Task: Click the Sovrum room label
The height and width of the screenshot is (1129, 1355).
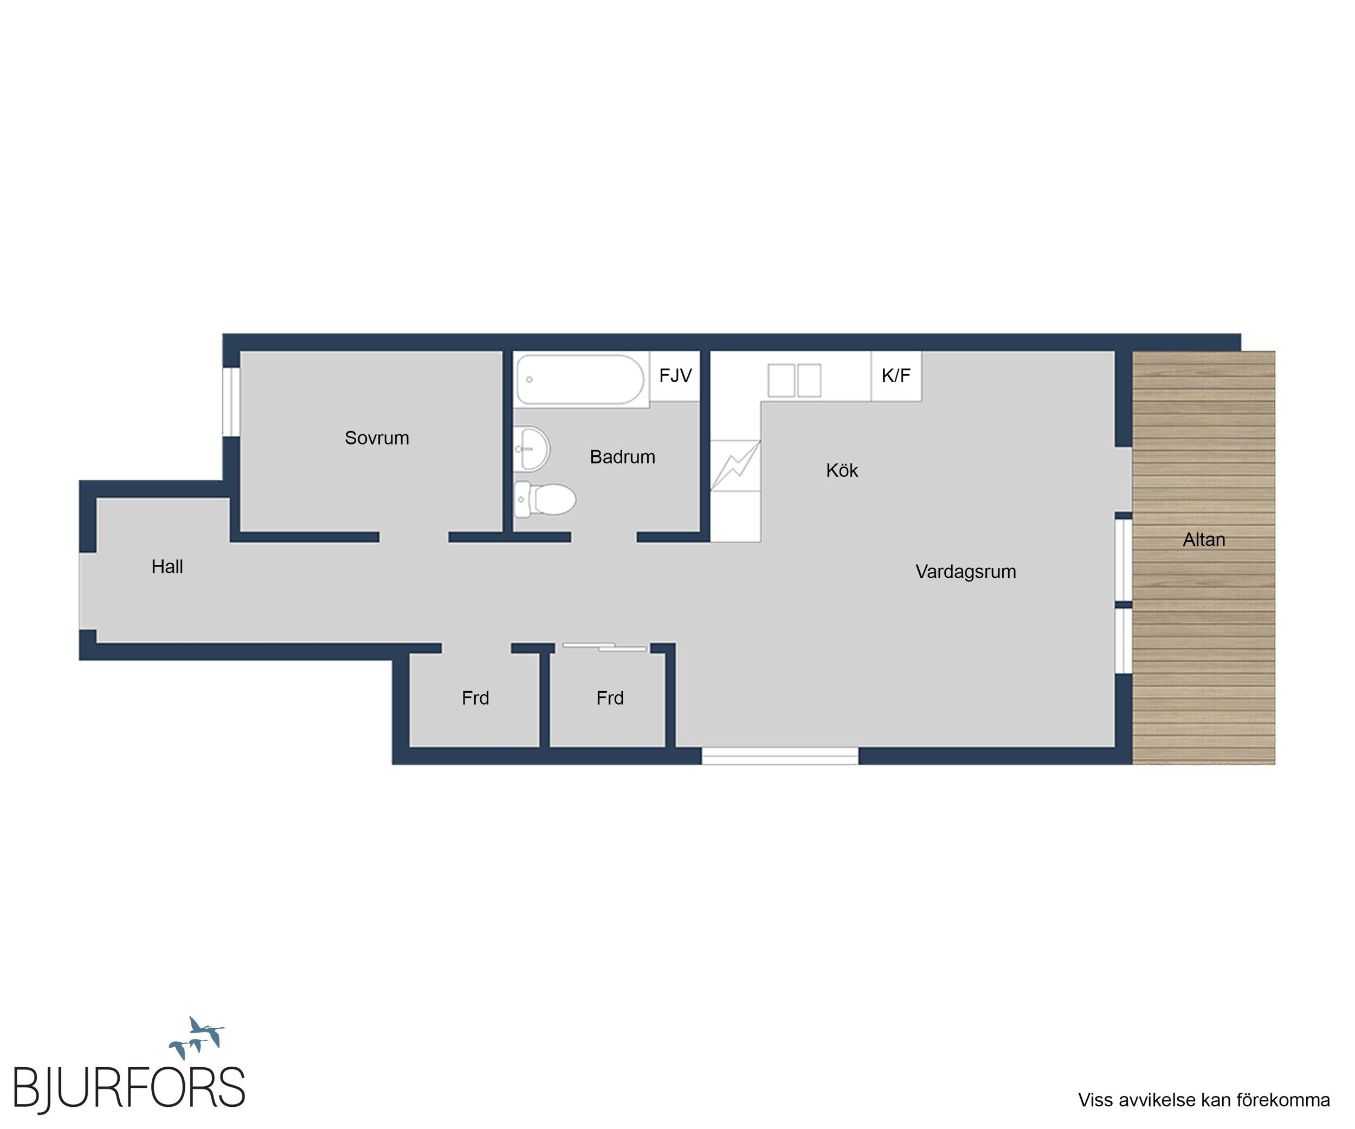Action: [x=377, y=438]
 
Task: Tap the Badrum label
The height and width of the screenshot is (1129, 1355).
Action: [x=623, y=457]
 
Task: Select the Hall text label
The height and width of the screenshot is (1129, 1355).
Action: [x=167, y=566]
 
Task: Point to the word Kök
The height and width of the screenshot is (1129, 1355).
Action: [x=842, y=470]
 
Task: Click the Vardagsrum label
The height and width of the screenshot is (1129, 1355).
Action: [x=966, y=572]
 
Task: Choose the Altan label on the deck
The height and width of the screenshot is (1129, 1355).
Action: [x=1204, y=539]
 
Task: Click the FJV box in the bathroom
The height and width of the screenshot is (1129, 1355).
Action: [x=675, y=376]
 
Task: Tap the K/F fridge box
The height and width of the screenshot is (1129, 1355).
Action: [x=896, y=376]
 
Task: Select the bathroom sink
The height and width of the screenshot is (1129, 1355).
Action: [x=532, y=448]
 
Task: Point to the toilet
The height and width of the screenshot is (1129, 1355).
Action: [x=545, y=499]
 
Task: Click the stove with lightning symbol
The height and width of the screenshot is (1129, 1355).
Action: [x=735, y=465]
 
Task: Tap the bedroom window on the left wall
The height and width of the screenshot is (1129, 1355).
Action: [x=231, y=401]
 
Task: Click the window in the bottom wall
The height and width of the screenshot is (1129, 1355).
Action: [x=779, y=756]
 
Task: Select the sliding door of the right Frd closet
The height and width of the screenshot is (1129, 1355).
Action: [x=604, y=647]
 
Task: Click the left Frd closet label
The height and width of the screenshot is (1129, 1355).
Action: [x=475, y=698]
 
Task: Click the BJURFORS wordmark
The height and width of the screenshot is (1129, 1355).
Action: [x=129, y=1089]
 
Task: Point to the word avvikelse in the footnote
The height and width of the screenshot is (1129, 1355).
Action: [x=1154, y=1100]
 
